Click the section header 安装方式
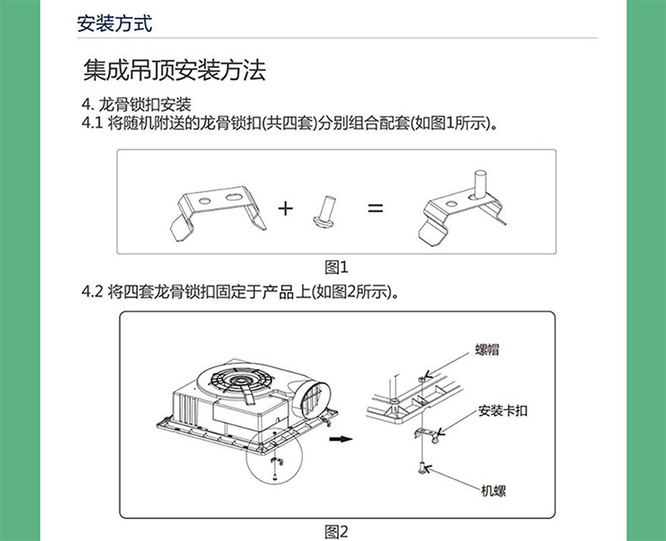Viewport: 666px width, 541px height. (114, 24)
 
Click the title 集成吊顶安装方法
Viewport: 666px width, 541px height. (175, 70)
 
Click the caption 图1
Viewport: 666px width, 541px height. (336, 267)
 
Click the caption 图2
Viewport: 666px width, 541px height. (336, 531)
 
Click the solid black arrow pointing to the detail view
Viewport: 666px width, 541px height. (341, 439)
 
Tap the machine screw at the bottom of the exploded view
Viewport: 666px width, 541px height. (419, 468)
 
